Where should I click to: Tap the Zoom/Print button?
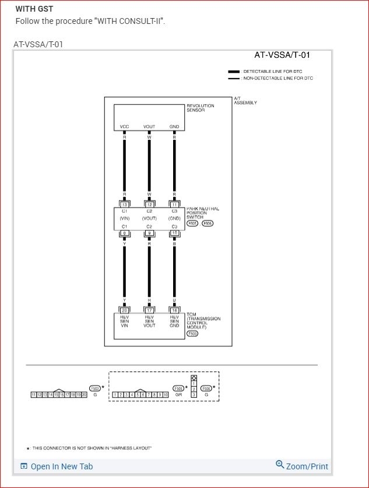pos(302,466)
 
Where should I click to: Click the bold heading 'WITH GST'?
pos(34,9)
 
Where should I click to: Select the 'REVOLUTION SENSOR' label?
pos(200,108)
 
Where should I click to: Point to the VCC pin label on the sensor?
pos(124,127)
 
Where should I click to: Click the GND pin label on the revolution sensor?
pos(174,127)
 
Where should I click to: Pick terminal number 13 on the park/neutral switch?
pos(124,205)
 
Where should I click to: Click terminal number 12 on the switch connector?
pos(149,205)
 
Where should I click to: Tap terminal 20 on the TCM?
pos(124,310)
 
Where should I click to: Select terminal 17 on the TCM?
pos(149,310)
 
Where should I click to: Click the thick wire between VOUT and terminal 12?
pos(149,166)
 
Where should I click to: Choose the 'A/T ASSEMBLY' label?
pos(245,101)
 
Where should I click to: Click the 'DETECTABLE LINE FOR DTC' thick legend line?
pos(234,71)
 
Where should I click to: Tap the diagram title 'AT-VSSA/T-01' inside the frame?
pos(282,55)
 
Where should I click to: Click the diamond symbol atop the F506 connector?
pos(194,378)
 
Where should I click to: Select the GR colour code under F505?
pos(178,395)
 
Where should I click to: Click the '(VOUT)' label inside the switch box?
pos(149,218)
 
